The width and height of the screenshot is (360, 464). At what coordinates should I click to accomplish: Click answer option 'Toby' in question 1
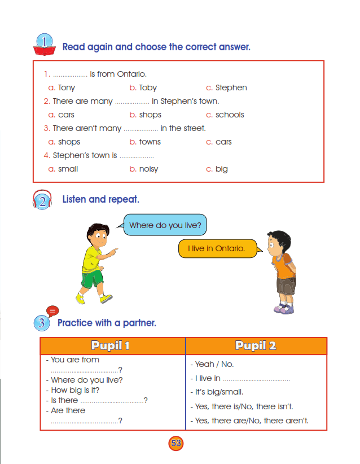(148, 87)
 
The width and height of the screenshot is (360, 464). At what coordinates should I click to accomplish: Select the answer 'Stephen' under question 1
(231, 87)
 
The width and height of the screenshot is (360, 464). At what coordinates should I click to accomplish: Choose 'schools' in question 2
(230, 115)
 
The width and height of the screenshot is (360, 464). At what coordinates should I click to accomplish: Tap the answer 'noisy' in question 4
(148, 169)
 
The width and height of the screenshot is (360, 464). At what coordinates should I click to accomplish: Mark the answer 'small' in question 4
(68, 169)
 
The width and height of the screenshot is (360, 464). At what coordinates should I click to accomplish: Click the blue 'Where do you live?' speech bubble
(165, 225)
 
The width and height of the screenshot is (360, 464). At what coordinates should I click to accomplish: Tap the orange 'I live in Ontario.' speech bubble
(217, 248)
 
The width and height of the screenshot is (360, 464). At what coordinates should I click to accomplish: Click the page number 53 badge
(176, 443)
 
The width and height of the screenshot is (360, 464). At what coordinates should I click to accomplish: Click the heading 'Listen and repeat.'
(100, 199)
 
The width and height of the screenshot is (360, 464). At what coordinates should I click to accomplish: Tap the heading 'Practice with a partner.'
(107, 323)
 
